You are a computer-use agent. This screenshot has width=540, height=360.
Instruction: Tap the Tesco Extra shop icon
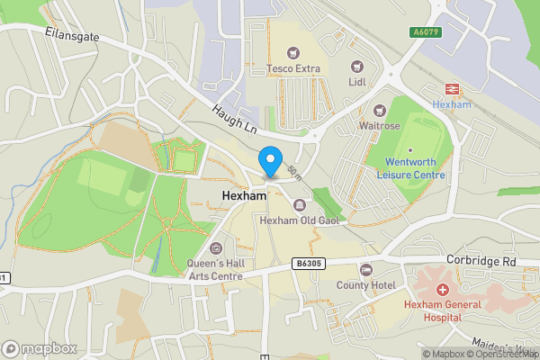292,51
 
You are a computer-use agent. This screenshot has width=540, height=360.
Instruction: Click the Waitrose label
379,125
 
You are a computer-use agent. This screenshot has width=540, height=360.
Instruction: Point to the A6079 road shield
426,32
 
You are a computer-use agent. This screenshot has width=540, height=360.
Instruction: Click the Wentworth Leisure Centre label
410,167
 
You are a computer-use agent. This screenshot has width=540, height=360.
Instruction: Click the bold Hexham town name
241,195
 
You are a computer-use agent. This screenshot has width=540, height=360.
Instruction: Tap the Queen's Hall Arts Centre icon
215,248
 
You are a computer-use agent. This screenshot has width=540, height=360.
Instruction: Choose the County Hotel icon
365,269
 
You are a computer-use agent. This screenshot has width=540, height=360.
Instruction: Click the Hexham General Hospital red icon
443,290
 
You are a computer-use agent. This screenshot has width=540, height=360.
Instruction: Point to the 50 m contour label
294,171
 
